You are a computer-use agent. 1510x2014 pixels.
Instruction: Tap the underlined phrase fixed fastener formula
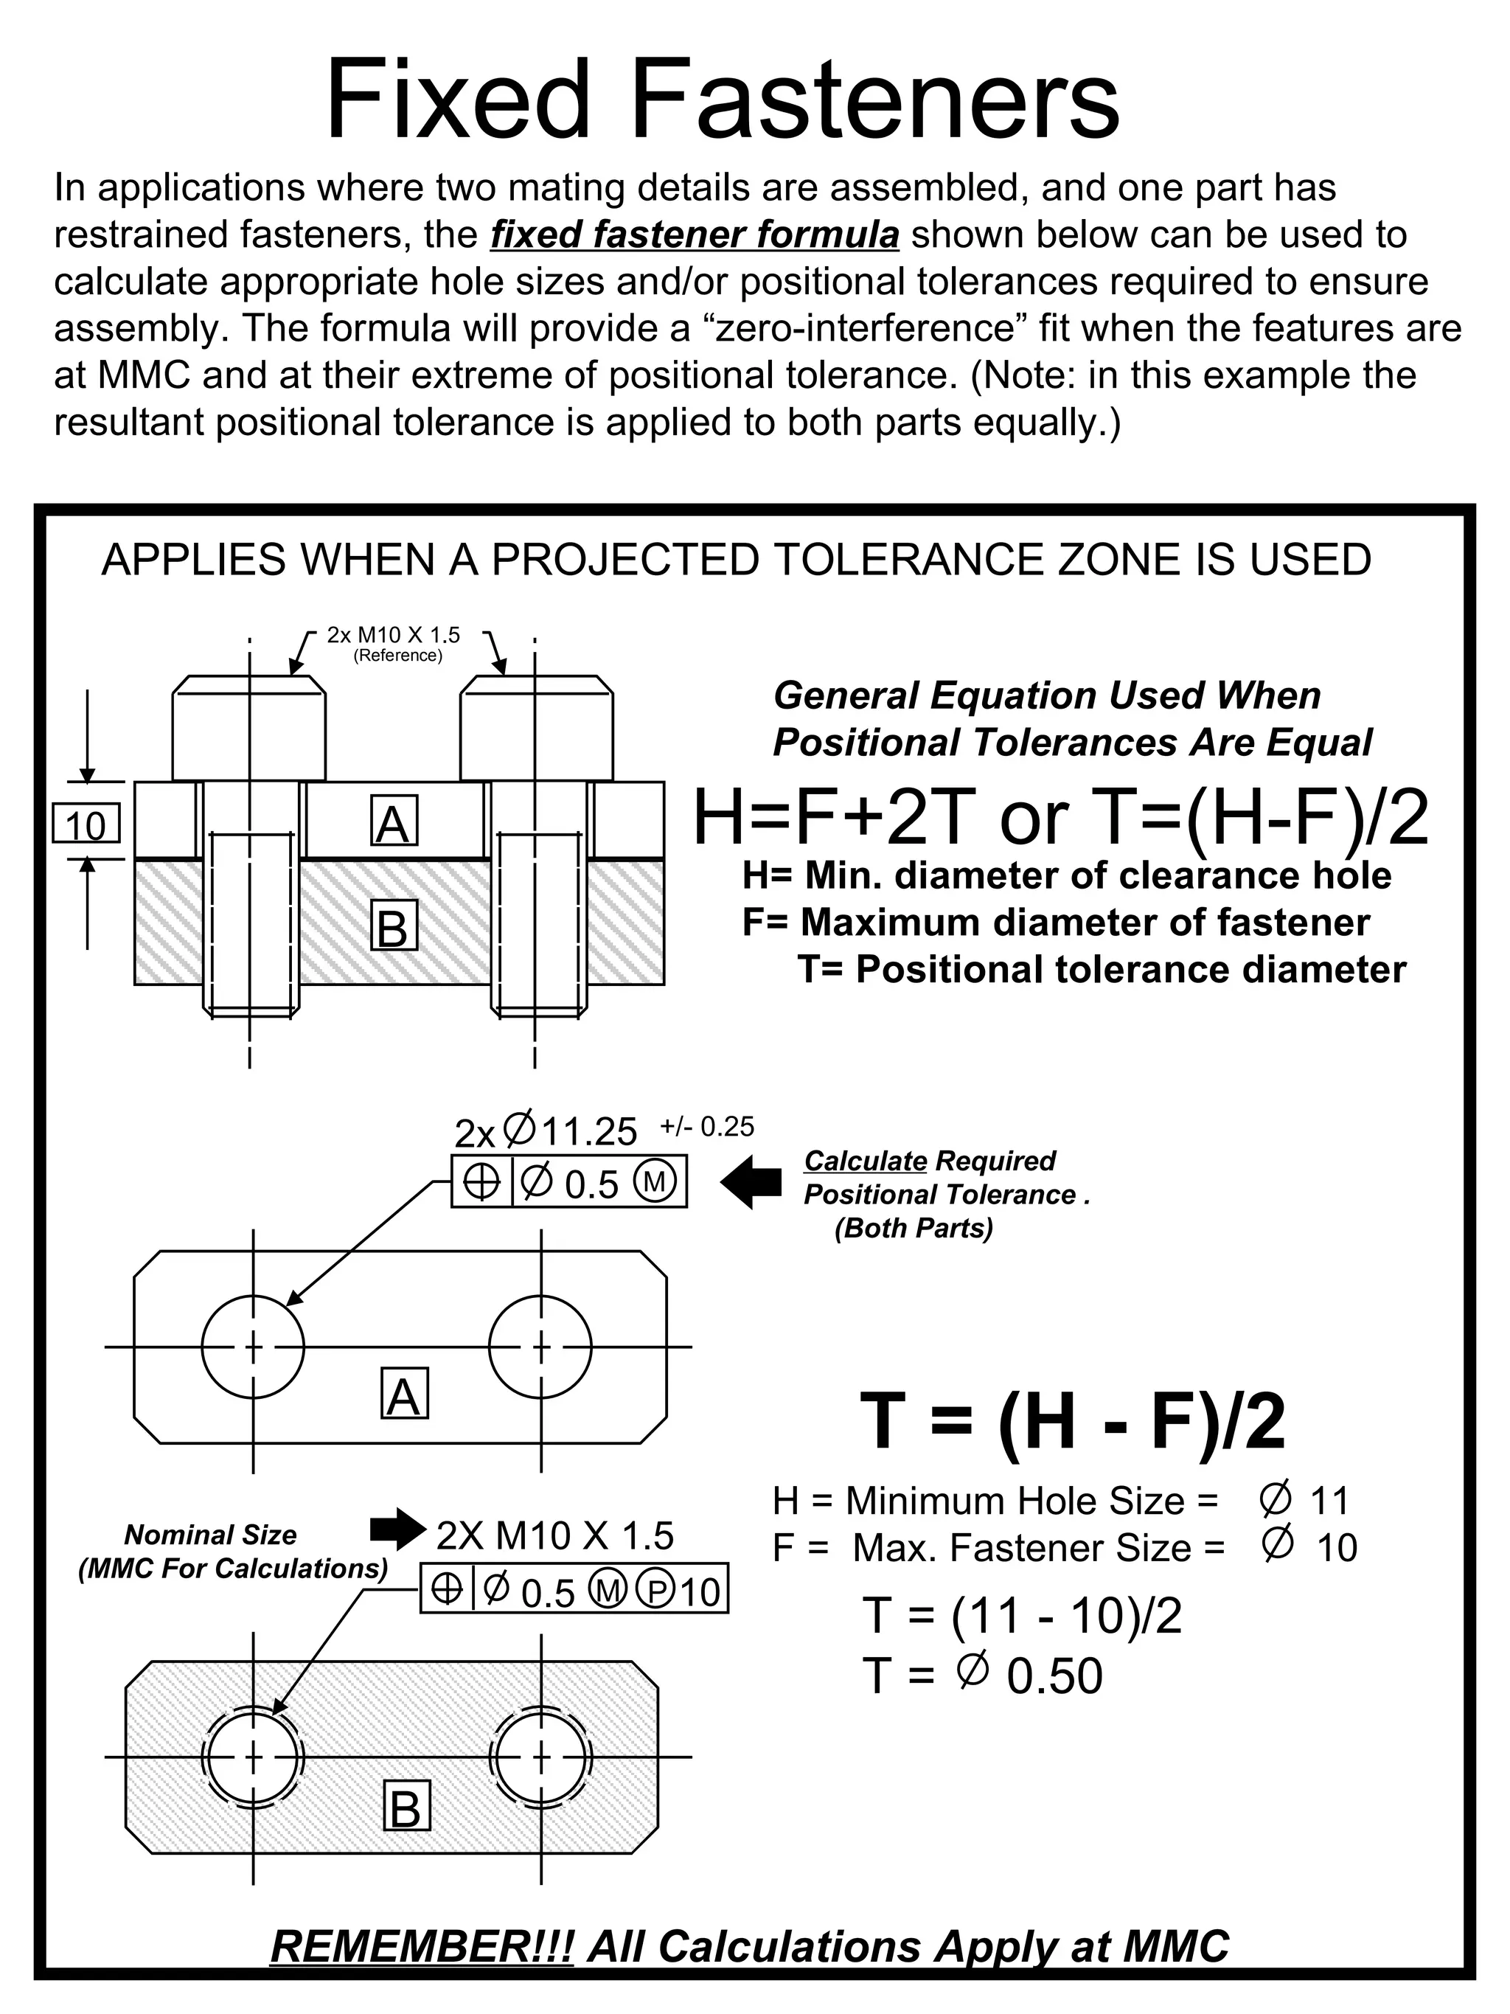point(695,235)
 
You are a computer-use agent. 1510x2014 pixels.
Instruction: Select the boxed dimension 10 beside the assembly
point(86,826)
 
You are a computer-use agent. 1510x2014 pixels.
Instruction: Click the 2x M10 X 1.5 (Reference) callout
point(394,643)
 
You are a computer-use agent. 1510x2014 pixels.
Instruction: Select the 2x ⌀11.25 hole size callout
point(546,1132)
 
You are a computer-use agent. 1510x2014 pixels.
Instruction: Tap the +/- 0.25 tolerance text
point(707,1127)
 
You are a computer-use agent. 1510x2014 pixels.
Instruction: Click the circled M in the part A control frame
point(655,1182)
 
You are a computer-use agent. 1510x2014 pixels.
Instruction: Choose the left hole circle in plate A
point(253,1346)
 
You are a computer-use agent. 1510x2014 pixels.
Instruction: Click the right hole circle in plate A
point(540,1346)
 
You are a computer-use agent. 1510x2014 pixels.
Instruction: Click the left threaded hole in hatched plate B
point(253,1757)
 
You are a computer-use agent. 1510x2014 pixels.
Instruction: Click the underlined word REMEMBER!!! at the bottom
point(422,1947)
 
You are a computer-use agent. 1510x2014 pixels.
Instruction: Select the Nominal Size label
point(210,1535)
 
